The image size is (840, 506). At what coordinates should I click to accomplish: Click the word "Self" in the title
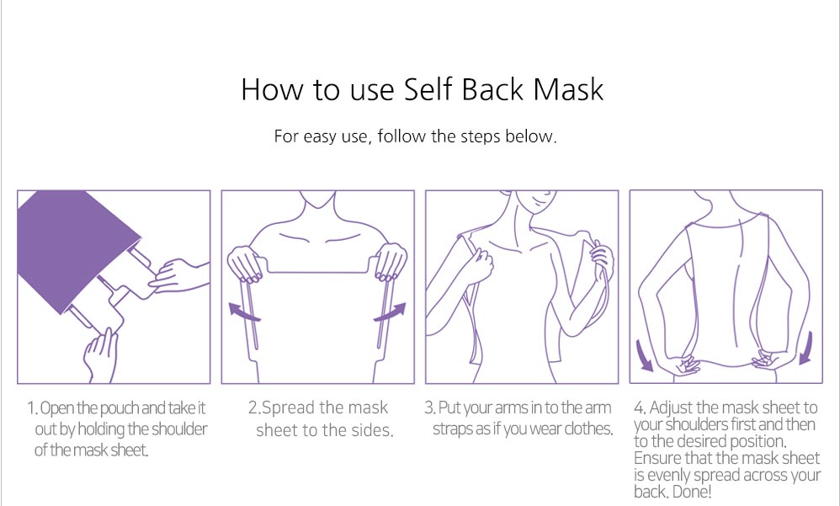[428, 88]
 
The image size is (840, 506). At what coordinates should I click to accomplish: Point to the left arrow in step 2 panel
[244, 312]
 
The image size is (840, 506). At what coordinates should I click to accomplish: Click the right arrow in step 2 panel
[390, 312]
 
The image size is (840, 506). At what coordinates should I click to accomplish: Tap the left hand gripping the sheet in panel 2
[246, 263]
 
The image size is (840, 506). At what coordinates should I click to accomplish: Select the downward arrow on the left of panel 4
[644, 354]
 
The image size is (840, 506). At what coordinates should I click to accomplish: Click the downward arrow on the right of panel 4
[807, 349]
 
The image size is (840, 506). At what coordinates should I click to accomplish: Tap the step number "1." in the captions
[33, 408]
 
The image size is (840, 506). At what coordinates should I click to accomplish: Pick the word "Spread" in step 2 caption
[288, 408]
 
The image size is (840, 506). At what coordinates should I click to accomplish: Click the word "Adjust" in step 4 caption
[672, 408]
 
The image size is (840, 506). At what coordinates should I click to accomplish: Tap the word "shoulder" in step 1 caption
[179, 429]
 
